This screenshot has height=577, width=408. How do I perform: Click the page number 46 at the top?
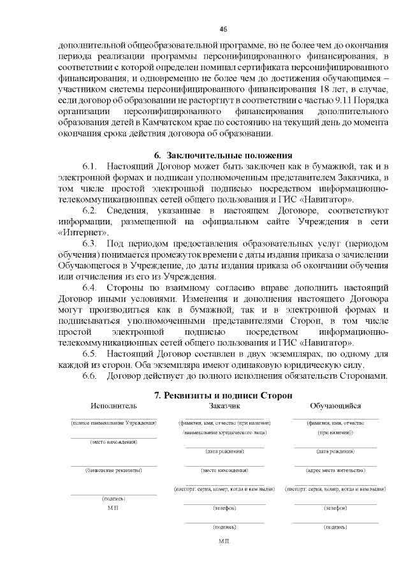[x=223, y=28]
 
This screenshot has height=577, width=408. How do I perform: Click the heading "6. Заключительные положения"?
[x=224, y=155]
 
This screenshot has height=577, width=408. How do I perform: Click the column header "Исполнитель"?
[x=113, y=406]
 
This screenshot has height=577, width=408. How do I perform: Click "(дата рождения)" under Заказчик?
[x=224, y=451]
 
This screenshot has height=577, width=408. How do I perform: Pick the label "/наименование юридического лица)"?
[x=224, y=432]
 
